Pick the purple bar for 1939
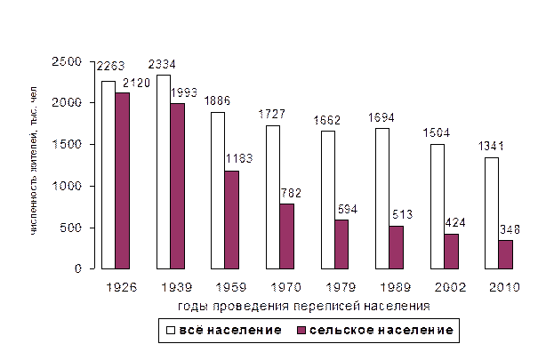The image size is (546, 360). (x=177, y=186)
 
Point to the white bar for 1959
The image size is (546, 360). (x=218, y=190)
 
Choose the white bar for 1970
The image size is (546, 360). (x=273, y=197)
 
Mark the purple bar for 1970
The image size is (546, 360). (x=286, y=236)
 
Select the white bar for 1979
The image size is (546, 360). (x=328, y=200)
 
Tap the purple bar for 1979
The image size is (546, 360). (x=341, y=244)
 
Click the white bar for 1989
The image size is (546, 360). (x=382, y=198)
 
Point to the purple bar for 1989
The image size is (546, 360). (x=397, y=247)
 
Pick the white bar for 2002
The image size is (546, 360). (x=438, y=206)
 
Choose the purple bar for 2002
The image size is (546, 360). (x=451, y=252)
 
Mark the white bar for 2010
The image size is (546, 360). (x=492, y=213)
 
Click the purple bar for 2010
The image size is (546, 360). (x=506, y=254)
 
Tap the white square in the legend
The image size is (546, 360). (x=170, y=331)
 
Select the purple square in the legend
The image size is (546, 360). (x=301, y=331)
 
